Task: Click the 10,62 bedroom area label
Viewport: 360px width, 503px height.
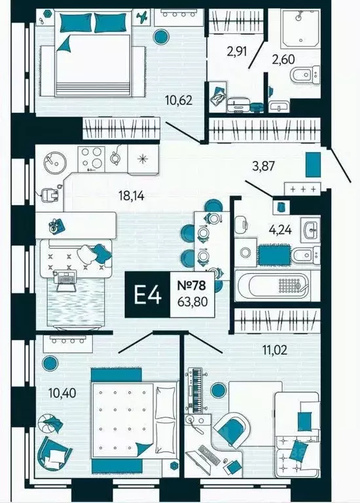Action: click(x=179, y=100)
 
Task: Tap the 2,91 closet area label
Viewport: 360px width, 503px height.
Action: click(x=236, y=51)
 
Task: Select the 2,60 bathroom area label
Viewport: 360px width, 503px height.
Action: click(x=283, y=60)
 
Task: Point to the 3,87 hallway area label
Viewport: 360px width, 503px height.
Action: click(x=264, y=166)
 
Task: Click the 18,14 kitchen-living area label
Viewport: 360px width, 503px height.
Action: click(x=132, y=195)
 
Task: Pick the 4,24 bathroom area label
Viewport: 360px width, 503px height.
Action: click(x=281, y=230)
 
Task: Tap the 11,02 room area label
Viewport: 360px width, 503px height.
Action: click(x=275, y=350)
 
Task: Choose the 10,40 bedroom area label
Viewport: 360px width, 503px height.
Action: click(x=63, y=393)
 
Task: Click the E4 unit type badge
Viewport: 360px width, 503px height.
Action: click(x=147, y=295)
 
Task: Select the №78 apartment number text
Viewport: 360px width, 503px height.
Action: click(x=191, y=285)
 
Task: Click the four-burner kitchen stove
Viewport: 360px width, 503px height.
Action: click(x=92, y=157)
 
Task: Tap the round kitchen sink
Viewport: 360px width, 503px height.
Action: click(x=54, y=160)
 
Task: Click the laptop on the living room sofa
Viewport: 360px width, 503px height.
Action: click(x=66, y=280)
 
